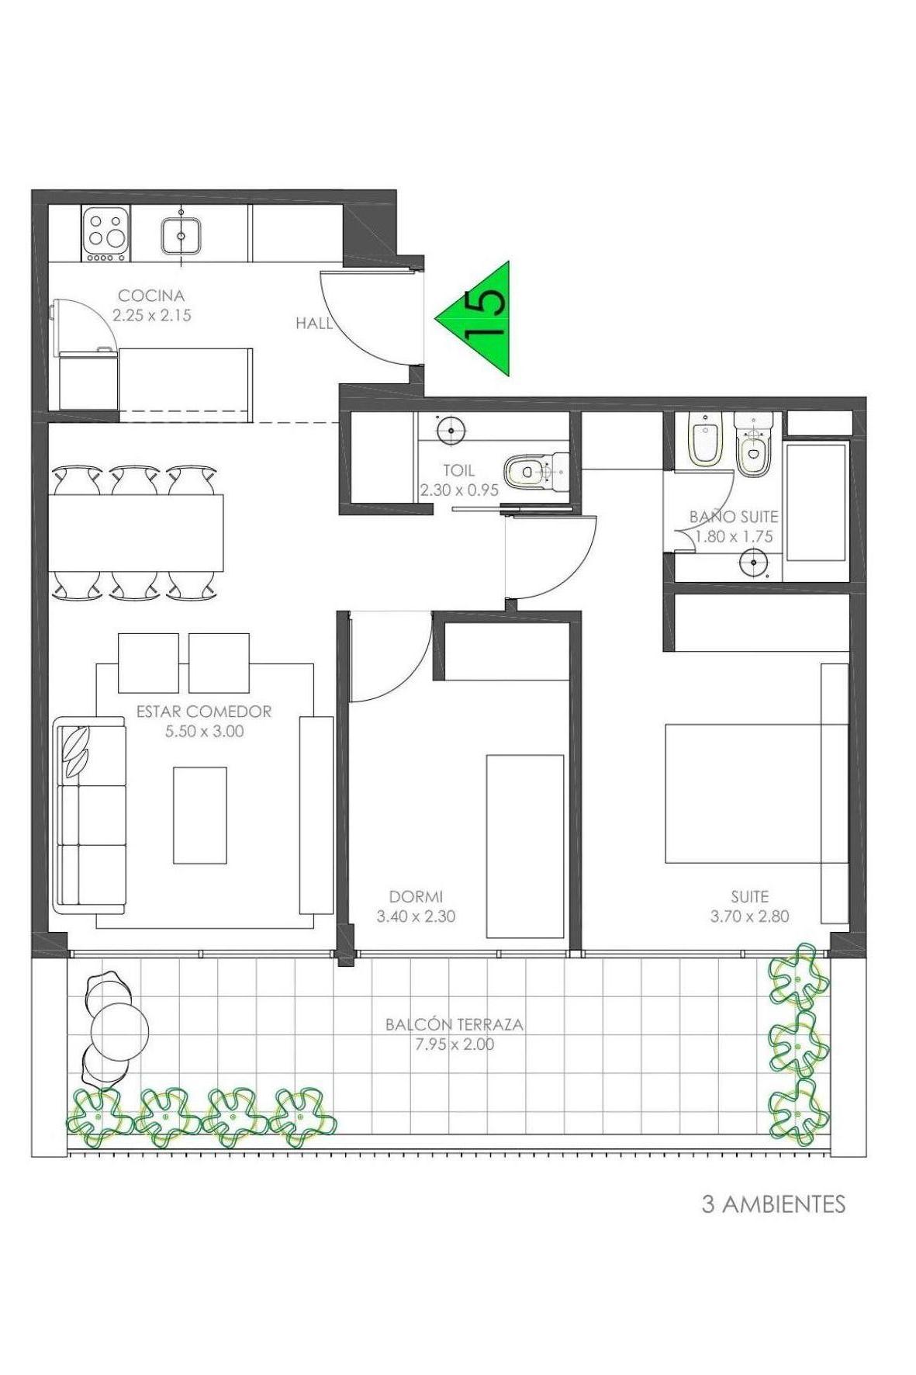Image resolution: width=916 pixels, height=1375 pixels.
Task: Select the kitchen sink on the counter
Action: click(181, 236)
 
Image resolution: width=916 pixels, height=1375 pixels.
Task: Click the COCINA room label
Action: click(151, 296)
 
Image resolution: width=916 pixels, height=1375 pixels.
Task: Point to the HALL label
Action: click(313, 324)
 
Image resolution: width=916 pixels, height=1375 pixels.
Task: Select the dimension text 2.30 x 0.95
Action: click(459, 490)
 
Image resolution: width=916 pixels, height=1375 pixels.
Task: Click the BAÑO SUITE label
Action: click(734, 517)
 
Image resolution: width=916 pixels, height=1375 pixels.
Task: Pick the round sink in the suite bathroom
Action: click(753, 562)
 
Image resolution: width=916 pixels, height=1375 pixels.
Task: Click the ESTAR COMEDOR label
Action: click(204, 712)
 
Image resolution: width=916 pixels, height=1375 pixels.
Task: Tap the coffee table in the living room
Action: click(200, 815)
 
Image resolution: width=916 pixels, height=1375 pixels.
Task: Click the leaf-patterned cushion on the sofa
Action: click(76, 750)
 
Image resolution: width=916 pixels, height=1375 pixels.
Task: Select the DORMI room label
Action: click(416, 897)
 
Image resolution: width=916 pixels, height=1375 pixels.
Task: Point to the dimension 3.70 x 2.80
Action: click(749, 916)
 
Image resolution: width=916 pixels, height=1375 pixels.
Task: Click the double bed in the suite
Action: click(756, 793)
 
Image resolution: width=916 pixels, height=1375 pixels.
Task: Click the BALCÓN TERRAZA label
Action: click(455, 1024)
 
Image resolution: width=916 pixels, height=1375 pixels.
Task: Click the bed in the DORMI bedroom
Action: click(524, 847)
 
